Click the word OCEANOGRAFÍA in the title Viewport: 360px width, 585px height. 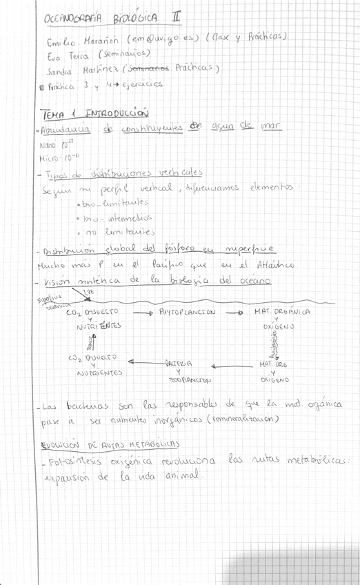78,19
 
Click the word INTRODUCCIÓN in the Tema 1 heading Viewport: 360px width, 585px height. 117,113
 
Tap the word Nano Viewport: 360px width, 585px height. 51,146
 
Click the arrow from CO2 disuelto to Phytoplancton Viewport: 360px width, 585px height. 141,313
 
